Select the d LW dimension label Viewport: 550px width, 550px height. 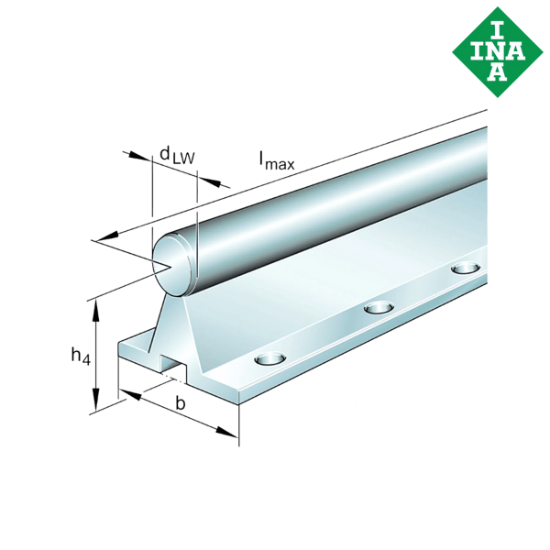pos(176,157)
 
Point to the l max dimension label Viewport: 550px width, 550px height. pos(276,162)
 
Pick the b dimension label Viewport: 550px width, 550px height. pos(181,403)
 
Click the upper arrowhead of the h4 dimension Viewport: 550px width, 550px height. pos(94,306)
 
